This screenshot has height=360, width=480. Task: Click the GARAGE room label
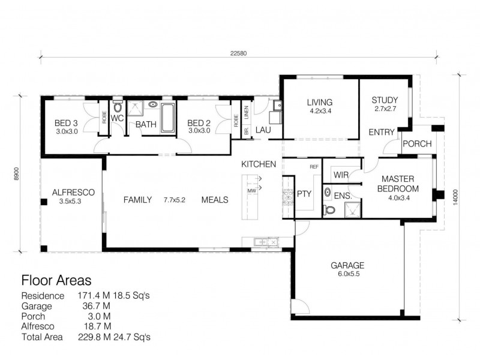click(347, 265)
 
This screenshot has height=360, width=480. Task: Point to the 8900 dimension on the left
click(18, 174)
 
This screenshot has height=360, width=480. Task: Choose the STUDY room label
click(385, 100)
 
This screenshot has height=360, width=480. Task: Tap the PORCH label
click(415, 144)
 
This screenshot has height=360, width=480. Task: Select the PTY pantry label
click(304, 194)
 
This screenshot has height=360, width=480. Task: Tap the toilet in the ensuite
click(328, 209)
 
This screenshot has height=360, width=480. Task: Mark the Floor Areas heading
click(56, 280)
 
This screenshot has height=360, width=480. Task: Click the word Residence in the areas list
click(42, 296)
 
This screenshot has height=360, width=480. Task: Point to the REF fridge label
click(313, 167)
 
